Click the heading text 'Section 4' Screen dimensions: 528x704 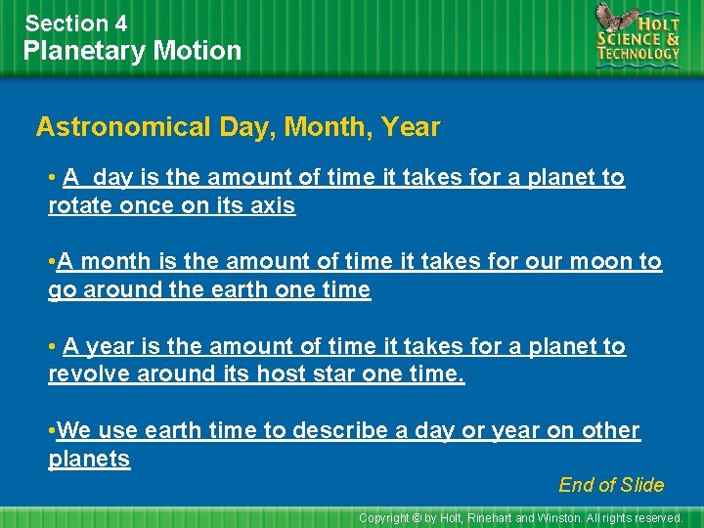(76, 22)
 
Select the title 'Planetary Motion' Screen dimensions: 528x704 (132, 51)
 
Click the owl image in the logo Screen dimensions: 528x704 (615, 21)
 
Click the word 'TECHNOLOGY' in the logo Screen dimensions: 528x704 (638, 55)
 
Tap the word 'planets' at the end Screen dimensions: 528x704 (89, 460)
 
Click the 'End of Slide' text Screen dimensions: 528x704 (611, 485)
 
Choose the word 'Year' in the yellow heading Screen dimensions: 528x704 (411, 127)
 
